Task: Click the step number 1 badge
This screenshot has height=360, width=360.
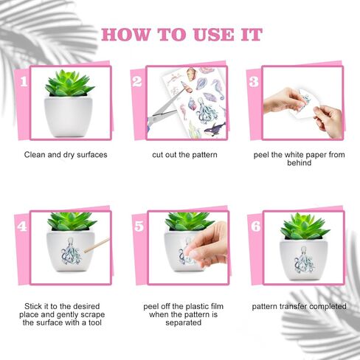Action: (24, 81)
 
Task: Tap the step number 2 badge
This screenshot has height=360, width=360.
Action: (137, 81)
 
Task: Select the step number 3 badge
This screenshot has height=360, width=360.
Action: (254, 82)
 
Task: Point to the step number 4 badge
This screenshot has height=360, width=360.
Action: (22, 226)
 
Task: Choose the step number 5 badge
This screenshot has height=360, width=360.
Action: (139, 226)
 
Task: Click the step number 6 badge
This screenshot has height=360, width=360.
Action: (256, 226)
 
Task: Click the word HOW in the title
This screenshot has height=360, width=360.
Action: (126, 35)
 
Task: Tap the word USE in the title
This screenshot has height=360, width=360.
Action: (214, 35)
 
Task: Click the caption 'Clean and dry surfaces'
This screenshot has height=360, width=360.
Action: (66, 155)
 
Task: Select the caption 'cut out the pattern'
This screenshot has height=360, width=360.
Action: (184, 155)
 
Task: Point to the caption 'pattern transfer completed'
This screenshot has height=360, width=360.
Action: (300, 306)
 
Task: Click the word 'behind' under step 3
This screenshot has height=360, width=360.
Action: (299, 163)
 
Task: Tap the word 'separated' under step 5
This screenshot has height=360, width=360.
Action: (184, 322)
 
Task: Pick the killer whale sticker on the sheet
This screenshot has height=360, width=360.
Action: (214, 129)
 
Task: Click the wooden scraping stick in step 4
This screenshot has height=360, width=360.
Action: (97, 245)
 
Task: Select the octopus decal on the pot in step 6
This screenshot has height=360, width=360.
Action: (305, 260)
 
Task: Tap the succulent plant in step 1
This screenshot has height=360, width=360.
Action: (69, 83)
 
